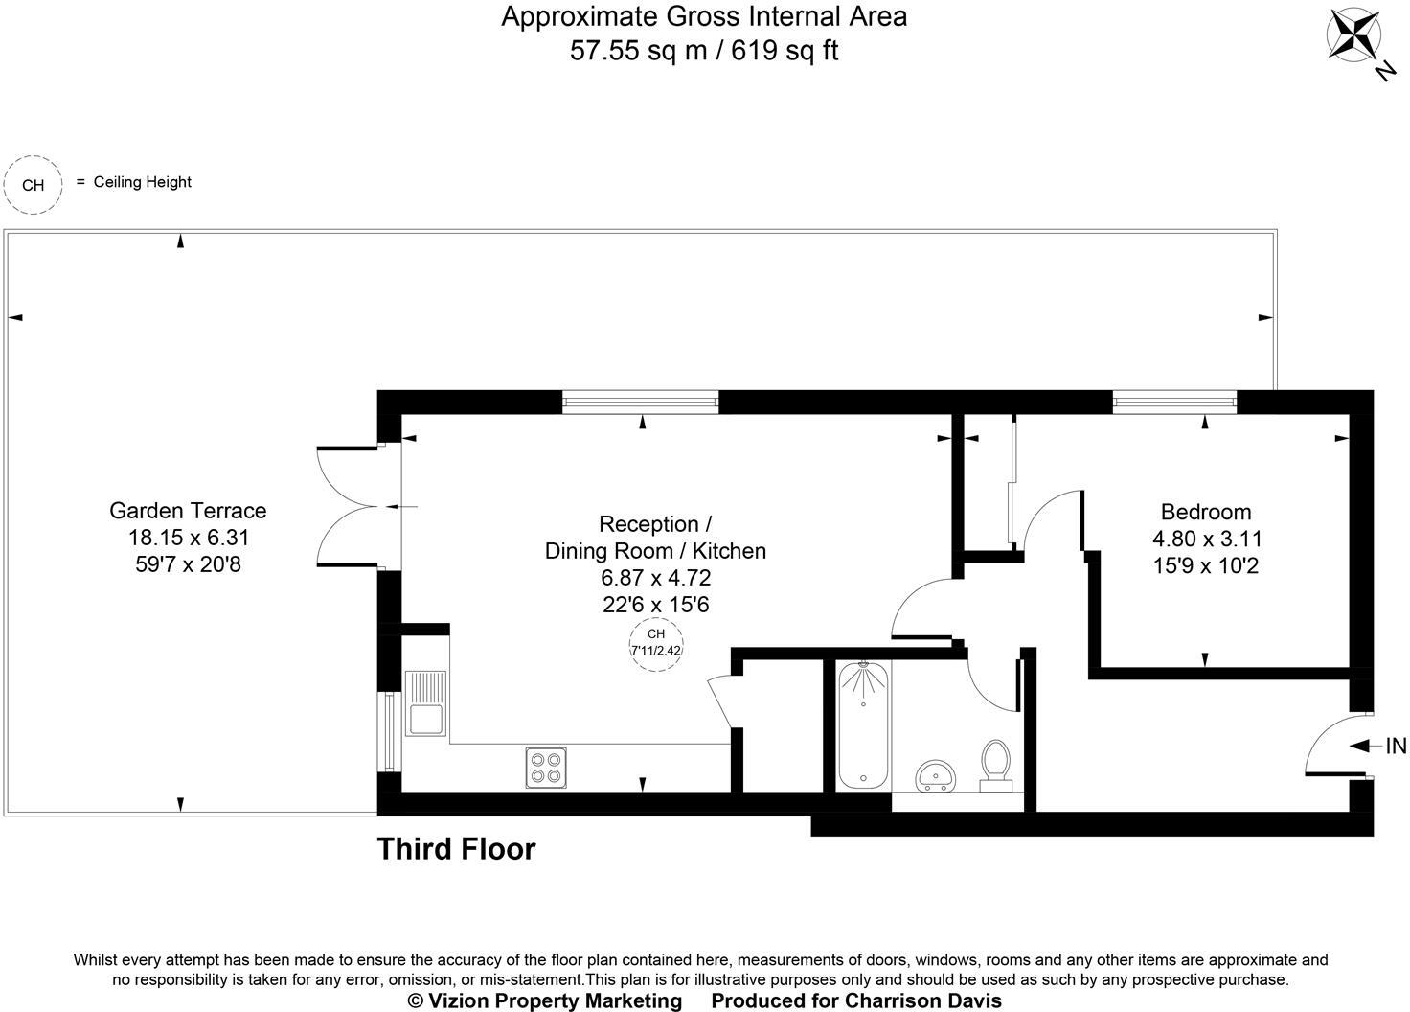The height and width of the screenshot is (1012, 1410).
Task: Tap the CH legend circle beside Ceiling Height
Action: tap(33, 185)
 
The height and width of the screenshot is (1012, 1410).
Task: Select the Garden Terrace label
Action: tap(188, 511)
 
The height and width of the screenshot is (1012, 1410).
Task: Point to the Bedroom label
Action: tap(1205, 512)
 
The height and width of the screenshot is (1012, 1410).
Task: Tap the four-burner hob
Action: tap(546, 767)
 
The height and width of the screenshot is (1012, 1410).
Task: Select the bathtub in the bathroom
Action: tap(863, 724)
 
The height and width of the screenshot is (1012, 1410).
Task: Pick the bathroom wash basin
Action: tap(934, 774)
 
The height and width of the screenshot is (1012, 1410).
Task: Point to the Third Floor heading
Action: tap(456, 849)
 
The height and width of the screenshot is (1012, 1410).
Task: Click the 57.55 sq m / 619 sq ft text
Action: tap(704, 50)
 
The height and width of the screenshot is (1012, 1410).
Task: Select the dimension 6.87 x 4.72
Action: tap(655, 578)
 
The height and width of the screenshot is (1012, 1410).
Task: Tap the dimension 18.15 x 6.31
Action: tap(188, 539)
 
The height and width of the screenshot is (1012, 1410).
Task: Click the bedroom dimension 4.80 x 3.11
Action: tap(1205, 540)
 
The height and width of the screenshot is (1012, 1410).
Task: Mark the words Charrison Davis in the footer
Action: tap(922, 1000)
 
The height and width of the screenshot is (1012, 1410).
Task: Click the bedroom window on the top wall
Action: tap(1174, 402)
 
